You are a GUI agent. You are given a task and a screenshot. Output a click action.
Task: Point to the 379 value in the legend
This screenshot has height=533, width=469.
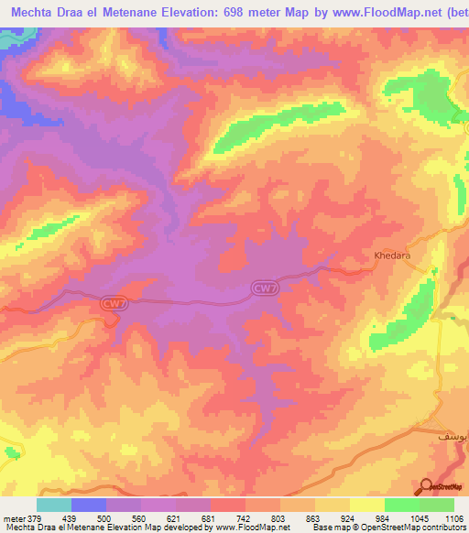tap(35, 518)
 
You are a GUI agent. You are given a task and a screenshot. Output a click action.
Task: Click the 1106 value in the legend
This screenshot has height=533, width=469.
tap(454, 518)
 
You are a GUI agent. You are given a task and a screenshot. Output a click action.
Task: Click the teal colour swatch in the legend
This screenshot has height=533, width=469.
tap(54, 505)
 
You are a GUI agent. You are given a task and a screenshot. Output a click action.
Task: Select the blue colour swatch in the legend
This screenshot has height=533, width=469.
tap(89, 505)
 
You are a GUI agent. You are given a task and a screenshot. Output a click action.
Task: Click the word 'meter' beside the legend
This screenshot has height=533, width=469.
tap(13, 518)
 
